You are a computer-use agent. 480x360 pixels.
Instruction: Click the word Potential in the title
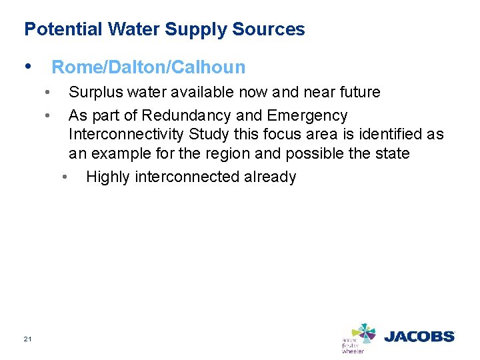pyautogui.click(x=56, y=29)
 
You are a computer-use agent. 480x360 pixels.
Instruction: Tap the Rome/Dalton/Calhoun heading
pyautogui.click(x=148, y=67)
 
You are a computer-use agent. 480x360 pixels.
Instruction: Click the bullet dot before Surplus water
pyautogui.click(x=46, y=91)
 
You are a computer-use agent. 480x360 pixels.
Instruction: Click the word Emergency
pyautogui.click(x=307, y=115)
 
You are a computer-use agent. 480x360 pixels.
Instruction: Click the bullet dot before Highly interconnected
pyautogui.click(x=64, y=177)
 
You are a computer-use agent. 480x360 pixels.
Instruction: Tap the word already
pyautogui.click(x=269, y=177)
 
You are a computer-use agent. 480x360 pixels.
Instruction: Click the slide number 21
pyautogui.click(x=27, y=339)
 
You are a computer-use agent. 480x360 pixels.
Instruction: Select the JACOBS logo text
pyautogui.click(x=419, y=336)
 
